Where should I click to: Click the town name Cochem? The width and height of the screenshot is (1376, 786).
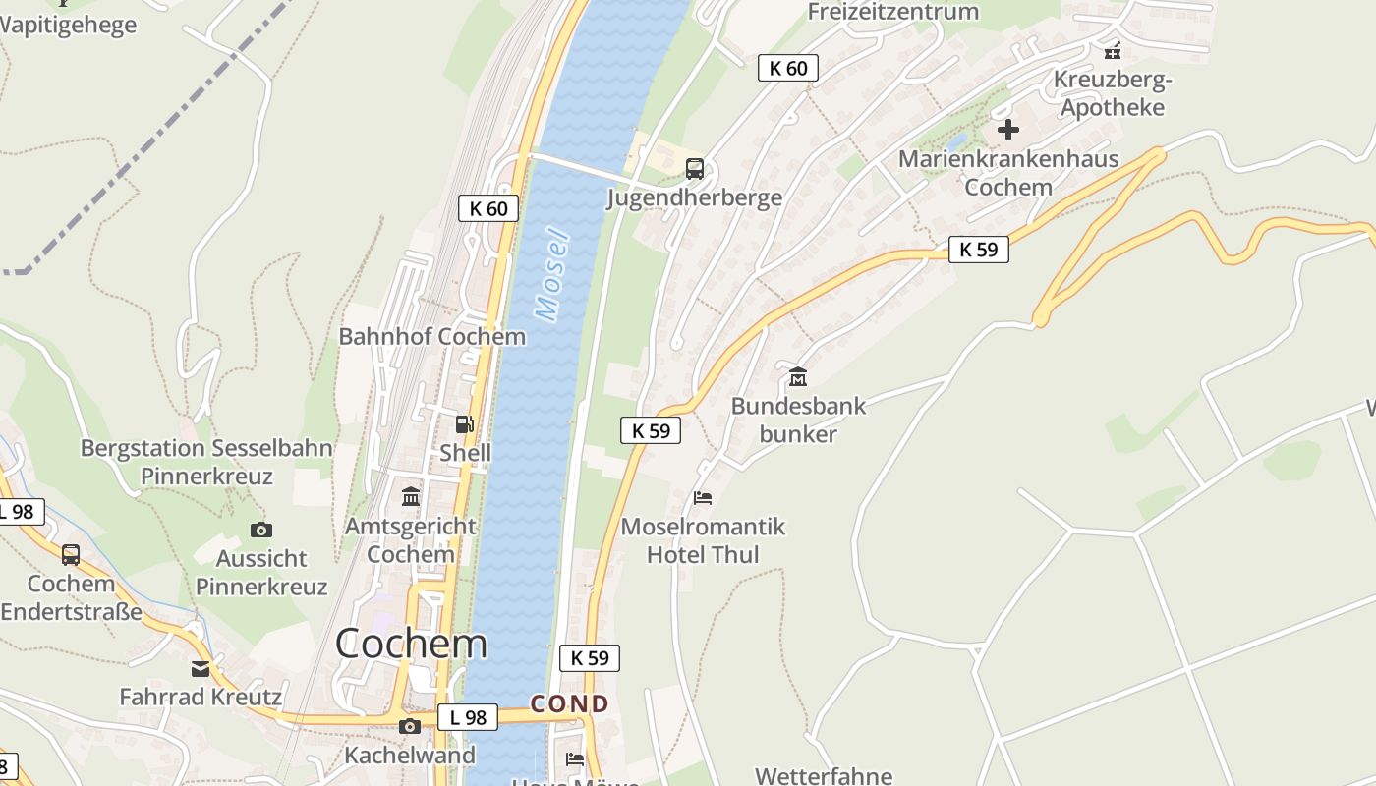(x=411, y=644)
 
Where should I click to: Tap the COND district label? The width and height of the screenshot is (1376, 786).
(x=570, y=703)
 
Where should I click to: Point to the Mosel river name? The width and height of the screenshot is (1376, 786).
(x=552, y=275)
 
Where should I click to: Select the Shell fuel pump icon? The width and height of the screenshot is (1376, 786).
(x=464, y=424)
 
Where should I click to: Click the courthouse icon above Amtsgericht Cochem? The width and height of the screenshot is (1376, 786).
(x=411, y=497)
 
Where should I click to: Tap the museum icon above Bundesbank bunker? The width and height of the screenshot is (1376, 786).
(x=797, y=376)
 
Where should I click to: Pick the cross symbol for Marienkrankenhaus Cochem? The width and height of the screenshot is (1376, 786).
(x=1008, y=130)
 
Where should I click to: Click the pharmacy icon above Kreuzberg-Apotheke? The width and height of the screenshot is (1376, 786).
(x=1113, y=50)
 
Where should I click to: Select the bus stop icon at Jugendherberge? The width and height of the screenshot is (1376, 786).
(x=695, y=169)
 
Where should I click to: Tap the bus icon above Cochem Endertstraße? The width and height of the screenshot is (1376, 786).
(x=71, y=555)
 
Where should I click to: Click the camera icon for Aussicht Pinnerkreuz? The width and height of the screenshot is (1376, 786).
(x=260, y=531)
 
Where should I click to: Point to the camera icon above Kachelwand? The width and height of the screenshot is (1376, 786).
(x=410, y=727)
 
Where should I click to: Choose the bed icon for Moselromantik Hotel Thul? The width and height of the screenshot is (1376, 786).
(x=703, y=498)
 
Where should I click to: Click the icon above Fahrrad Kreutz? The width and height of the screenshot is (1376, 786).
(x=201, y=669)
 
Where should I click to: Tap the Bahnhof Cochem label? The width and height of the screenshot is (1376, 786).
(x=432, y=336)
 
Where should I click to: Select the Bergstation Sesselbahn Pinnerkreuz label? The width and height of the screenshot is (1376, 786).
(x=206, y=463)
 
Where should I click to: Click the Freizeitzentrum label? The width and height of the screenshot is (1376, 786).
(x=893, y=12)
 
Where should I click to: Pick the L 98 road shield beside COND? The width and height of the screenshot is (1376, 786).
(x=468, y=717)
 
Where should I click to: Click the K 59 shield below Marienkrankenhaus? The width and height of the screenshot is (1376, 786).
(x=979, y=250)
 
